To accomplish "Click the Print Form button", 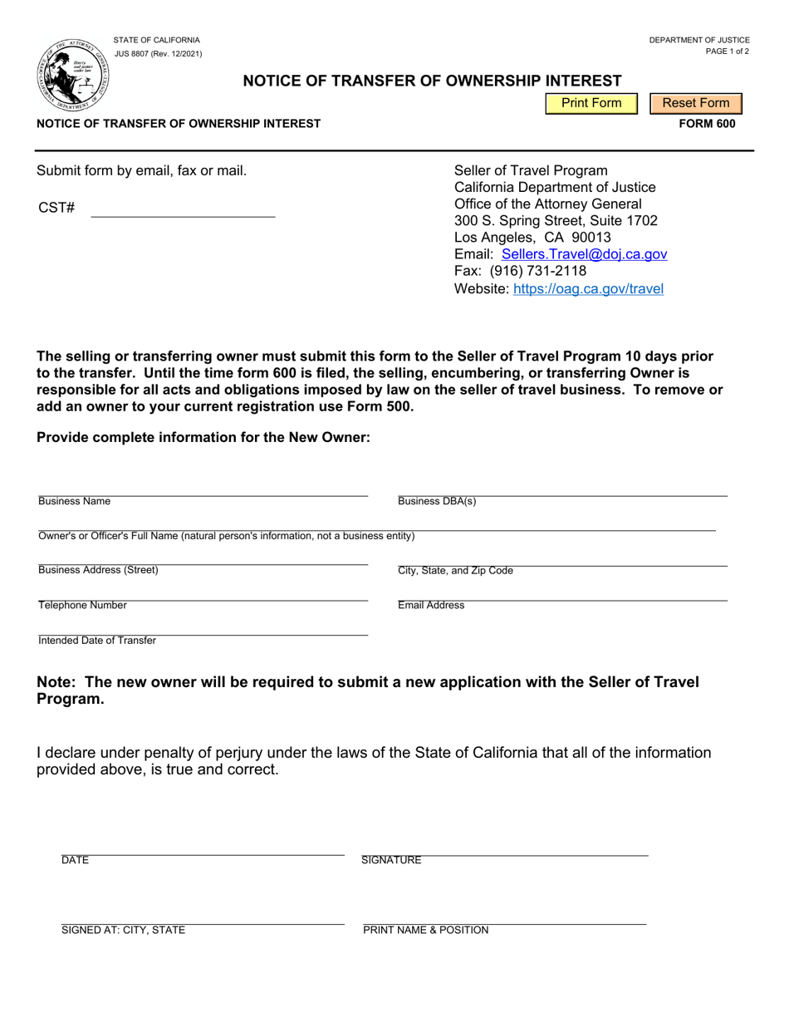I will pyautogui.click(x=591, y=103).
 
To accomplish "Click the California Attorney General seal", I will pyautogui.click(x=71, y=74).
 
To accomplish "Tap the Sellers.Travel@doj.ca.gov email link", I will pyautogui.click(x=584, y=254).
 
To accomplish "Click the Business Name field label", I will pyautogui.click(x=74, y=502).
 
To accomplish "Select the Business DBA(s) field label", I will pyautogui.click(x=437, y=502).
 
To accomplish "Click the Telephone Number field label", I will pyautogui.click(x=82, y=606).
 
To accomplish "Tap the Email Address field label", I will pyautogui.click(x=431, y=606).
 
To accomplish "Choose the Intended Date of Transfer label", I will pyautogui.click(x=97, y=641).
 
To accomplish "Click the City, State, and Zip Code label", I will pyautogui.click(x=455, y=571).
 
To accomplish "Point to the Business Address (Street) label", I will pyautogui.click(x=98, y=570).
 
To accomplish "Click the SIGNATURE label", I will pyautogui.click(x=391, y=861).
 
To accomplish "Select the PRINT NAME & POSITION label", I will pyautogui.click(x=426, y=931).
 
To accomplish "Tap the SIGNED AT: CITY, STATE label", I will pyautogui.click(x=123, y=931).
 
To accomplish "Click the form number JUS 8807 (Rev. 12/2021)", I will pyautogui.click(x=158, y=54).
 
